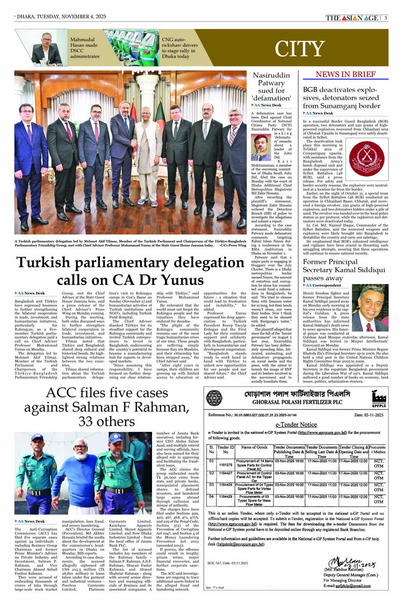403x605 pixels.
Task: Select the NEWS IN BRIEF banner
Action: point(346,74)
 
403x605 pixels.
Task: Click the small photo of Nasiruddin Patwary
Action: point(261,147)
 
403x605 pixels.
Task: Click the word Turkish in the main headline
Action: point(46,264)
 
